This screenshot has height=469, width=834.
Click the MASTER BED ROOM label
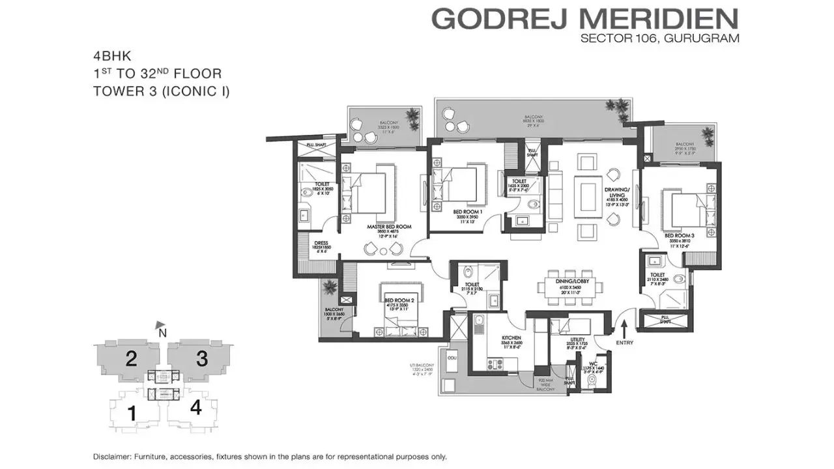(389, 227)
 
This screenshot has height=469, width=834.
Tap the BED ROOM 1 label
(468, 212)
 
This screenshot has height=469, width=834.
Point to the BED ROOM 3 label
(678, 235)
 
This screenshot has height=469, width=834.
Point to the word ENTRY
(624, 343)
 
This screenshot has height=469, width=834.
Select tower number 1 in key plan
(132, 412)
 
